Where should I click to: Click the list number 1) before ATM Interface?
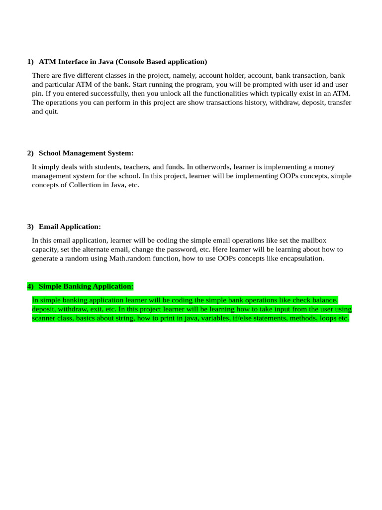pyautogui.click(x=30, y=62)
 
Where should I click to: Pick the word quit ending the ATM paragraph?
pyautogui.click(x=52, y=112)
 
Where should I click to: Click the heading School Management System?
pyautogui.click(x=86, y=153)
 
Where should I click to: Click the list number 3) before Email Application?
pyautogui.click(x=30, y=227)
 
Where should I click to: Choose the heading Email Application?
pyautogui.click(x=70, y=227)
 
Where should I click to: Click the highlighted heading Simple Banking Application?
pyautogui.click(x=86, y=286)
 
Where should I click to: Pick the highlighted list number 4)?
pyautogui.click(x=30, y=286)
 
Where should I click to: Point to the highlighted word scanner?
pyautogui.click(x=45, y=318)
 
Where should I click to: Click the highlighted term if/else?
pyautogui.click(x=244, y=318)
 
